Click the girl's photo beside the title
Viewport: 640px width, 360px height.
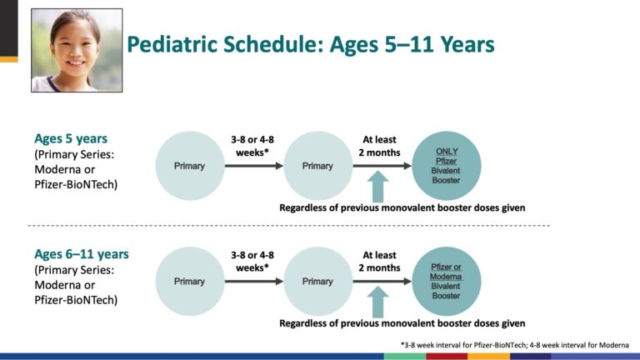77,50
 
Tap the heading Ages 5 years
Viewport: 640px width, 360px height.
71,139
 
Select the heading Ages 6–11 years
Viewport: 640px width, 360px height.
82,254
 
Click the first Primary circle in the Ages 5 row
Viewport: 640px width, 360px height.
190,166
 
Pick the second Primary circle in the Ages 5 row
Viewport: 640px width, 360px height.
318,166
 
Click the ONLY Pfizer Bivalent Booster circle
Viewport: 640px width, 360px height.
447,166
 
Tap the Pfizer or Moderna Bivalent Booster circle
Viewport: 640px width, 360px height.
447,281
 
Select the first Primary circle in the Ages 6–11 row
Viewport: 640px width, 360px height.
190,281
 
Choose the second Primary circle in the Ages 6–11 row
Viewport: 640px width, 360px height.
318,281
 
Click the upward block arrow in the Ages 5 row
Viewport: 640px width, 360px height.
378,187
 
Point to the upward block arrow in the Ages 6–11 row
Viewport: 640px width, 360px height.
378,302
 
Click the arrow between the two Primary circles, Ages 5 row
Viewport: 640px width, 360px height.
254,166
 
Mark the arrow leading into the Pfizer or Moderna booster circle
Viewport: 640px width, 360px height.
382,281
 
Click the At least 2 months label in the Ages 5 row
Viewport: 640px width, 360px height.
380,146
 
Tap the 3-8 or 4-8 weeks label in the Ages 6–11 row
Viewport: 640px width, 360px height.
252,262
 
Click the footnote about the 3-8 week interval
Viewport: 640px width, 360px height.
515,345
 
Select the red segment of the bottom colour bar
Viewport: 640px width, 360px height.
447,357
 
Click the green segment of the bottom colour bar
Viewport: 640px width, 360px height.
405,357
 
